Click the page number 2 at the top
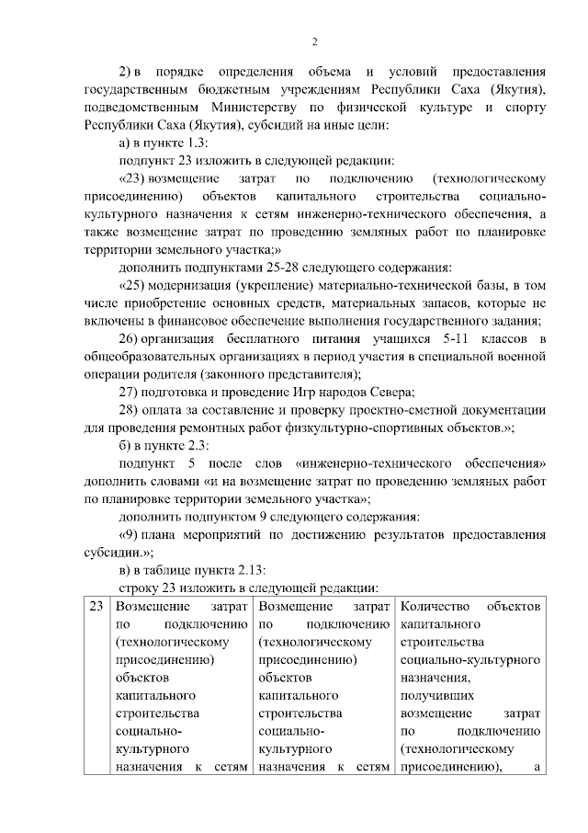point(314,41)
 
